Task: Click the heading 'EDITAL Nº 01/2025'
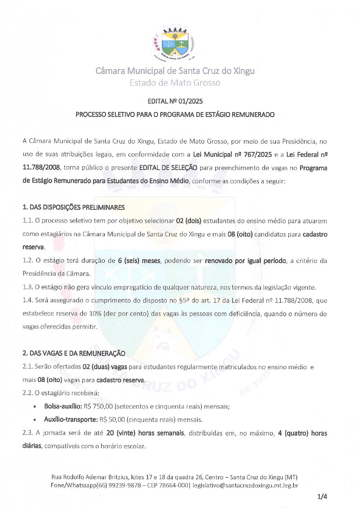point(175,101)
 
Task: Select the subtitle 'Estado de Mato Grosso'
point(175,83)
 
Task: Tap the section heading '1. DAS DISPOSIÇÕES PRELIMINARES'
point(73,208)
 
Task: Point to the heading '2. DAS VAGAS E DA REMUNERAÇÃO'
point(74,353)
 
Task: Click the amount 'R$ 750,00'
point(98,406)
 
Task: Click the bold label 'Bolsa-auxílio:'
point(63,406)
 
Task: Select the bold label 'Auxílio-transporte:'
point(71,420)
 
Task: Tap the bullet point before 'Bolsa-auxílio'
point(35,407)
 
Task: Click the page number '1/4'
point(322,497)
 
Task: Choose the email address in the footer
point(245,485)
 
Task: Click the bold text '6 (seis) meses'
point(139,261)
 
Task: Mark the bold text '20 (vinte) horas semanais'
point(145,433)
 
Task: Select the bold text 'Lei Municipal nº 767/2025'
point(232,155)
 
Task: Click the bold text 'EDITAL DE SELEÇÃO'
point(168,168)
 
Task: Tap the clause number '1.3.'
point(28,287)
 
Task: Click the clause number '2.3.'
point(28,433)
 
